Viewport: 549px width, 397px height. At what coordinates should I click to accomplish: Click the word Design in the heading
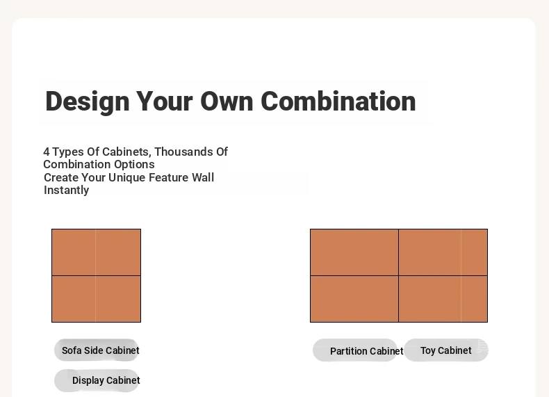(x=87, y=102)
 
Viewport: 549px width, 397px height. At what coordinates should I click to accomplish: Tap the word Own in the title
(x=227, y=102)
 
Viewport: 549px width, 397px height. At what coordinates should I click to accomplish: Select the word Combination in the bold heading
(x=338, y=102)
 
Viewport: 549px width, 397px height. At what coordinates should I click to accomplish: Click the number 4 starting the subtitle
(x=47, y=152)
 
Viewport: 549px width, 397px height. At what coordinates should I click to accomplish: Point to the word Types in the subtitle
(x=68, y=152)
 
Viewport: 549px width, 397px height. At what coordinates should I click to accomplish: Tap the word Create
(x=61, y=178)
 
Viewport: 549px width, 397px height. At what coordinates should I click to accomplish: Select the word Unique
(x=126, y=178)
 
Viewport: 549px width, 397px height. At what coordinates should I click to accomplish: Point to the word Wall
(x=203, y=178)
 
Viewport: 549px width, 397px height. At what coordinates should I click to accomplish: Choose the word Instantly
(x=66, y=191)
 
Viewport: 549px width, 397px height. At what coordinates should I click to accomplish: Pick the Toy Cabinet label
(x=445, y=350)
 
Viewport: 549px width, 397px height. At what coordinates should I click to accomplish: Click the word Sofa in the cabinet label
(x=72, y=350)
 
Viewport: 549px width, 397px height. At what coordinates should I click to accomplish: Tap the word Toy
(x=427, y=350)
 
